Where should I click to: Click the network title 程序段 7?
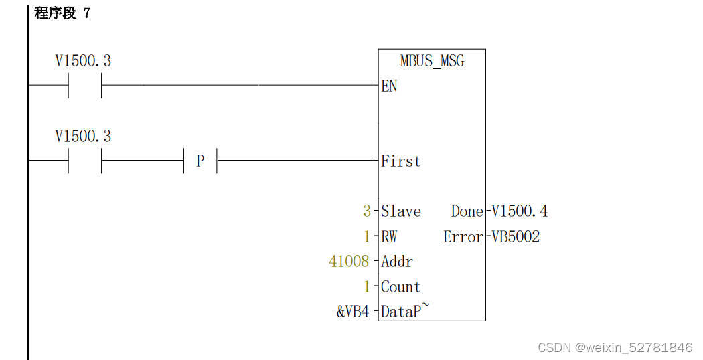[x=62, y=13]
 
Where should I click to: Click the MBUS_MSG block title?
[x=432, y=61]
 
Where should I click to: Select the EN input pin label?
[x=389, y=86]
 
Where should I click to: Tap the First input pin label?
[x=400, y=161]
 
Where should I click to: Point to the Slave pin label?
[x=401, y=211]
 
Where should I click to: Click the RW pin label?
[x=389, y=237]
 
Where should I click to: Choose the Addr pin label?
[x=397, y=262]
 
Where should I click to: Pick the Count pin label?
[x=400, y=287]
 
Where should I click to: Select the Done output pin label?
[x=467, y=211]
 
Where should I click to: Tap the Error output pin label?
[x=463, y=237]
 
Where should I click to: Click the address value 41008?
[x=349, y=262]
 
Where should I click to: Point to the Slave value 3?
[x=367, y=211]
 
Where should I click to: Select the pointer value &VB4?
[x=353, y=312]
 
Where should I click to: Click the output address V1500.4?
[x=520, y=211]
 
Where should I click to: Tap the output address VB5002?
[x=516, y=237]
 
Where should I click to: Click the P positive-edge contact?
[x=200, y=161]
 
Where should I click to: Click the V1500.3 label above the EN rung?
[x=83, y=61]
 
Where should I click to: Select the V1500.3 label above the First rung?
[x=83, y=137]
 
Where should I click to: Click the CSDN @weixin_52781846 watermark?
[x=615, y=347]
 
